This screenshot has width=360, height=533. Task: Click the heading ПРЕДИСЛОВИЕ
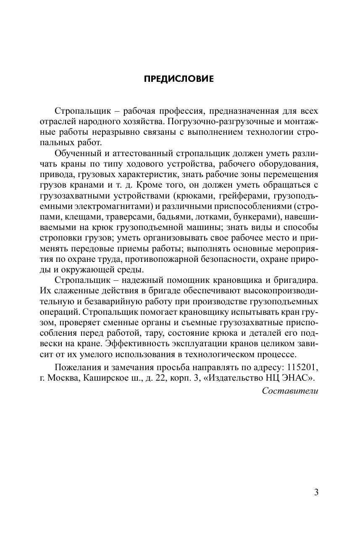[179, 79]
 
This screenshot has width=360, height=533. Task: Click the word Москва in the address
[64, 377]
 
